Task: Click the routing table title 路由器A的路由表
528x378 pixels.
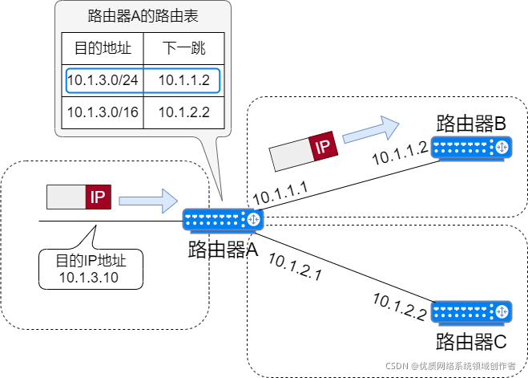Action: pyautogui.click(x=142, y=16)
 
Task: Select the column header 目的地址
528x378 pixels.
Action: pyautogui.click(x=102, y=49)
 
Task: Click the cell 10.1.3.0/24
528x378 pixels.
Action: pyautogui.click(x=102, y=79)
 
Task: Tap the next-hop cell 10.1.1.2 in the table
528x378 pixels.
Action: pyautogui.click(x=183, y=79)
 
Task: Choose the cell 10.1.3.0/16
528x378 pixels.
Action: pyautogui.click(x=102, y=112)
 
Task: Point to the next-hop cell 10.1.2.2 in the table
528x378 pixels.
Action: pyautogui.click(x=183, y=112)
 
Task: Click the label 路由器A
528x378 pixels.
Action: pyautogui.click(x=223, y=249)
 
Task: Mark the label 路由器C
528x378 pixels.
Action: pyautogui.click(x=471, y=341)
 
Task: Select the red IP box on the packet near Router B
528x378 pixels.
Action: pyautogui.click(x=322, y=147)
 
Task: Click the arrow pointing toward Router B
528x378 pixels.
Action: pyautogui.click(x=370, y=128)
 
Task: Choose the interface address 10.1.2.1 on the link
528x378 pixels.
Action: pyautogui.click(x=294, y=266)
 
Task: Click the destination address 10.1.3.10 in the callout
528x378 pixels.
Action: pyautogui.click(x=90, y=278)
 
